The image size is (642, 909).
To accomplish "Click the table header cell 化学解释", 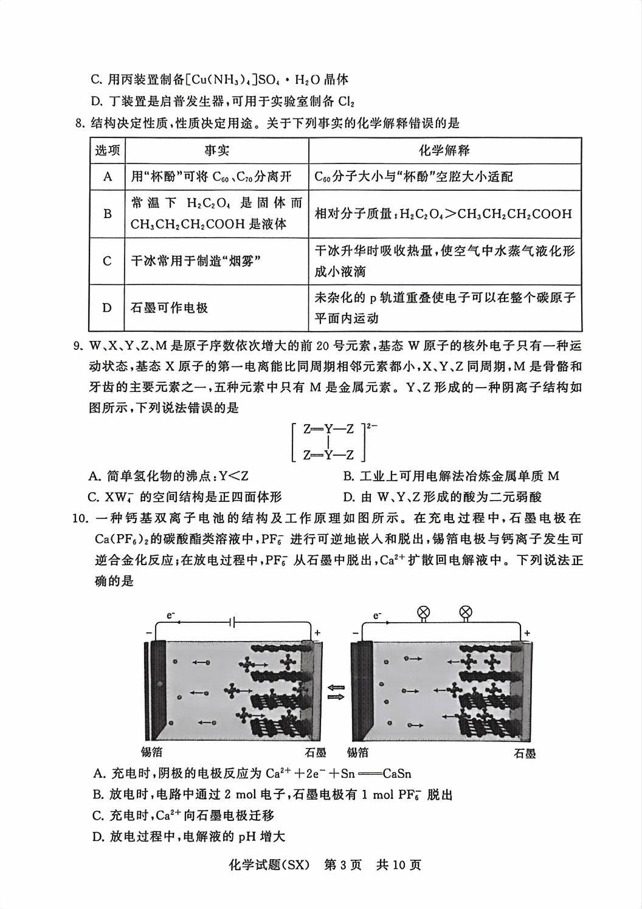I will tap(444, 150).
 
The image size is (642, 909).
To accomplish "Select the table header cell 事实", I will tap(216, 150).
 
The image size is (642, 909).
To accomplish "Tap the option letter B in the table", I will tap(108, 214).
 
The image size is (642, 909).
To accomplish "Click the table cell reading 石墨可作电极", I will tap(170, 307).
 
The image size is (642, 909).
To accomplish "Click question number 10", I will tap(81, 518).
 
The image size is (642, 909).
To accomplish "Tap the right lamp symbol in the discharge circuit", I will tap(466, 612).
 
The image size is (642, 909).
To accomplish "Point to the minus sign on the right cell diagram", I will tap(354, 633).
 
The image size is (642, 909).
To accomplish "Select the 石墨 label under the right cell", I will tap(525, 753).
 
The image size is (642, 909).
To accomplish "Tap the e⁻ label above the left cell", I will tap(171, 615).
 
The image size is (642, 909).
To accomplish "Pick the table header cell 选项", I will tap(108, 150).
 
